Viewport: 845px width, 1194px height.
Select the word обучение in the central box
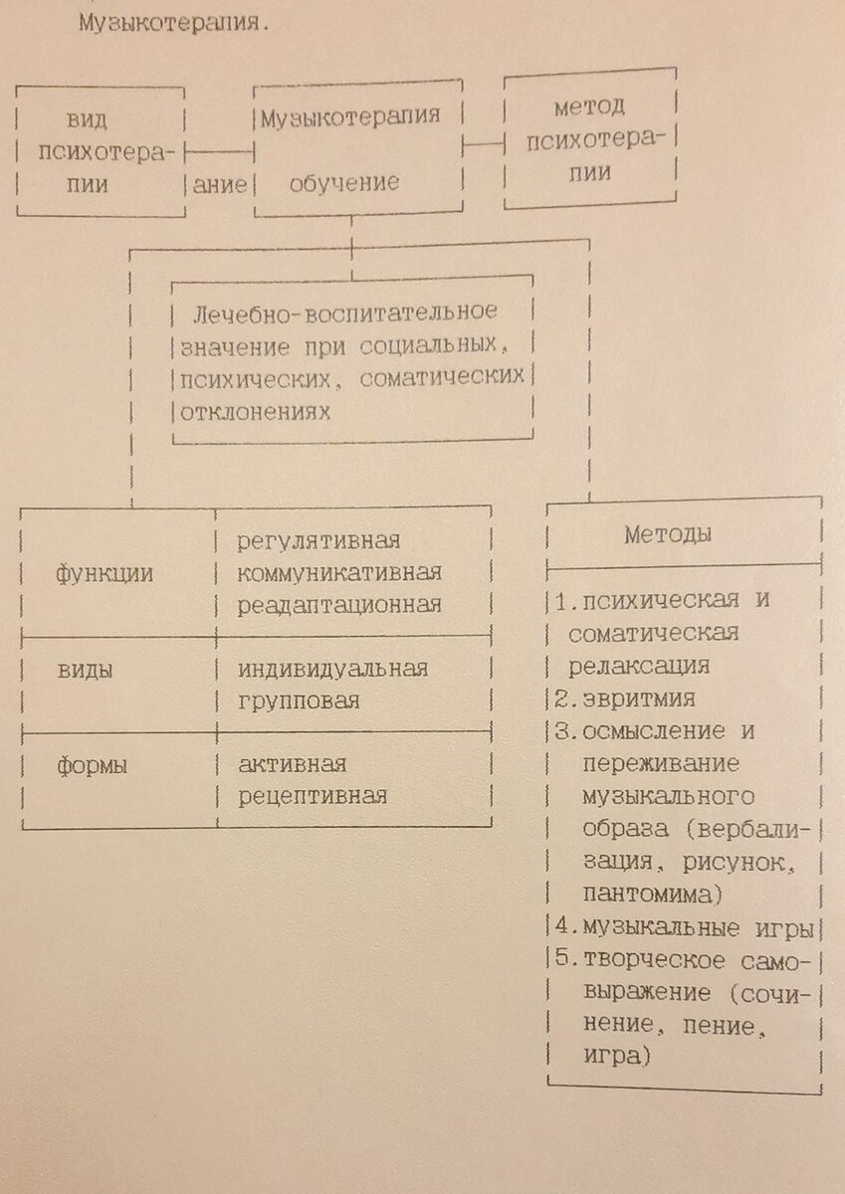tap(344, 183)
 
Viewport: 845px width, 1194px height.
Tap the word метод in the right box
tap(589, 107)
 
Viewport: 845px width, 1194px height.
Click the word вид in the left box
tap(87, 120)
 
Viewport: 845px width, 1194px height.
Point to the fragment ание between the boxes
tap(220, 185)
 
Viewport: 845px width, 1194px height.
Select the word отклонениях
tap(256, 412)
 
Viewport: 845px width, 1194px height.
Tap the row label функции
tap(105, 574)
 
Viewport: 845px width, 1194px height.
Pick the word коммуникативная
tap(339, 573)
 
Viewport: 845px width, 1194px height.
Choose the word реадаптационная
tap(339, 606)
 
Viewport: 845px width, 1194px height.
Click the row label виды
tap(85, 671)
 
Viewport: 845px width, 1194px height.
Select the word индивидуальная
tap(332, 670)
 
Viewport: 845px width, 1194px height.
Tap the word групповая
tap(299, 701)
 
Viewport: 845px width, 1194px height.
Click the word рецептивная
tap(313, 797)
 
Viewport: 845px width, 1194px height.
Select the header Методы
tap(668, 534)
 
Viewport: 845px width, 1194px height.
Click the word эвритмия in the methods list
tap(639, 698)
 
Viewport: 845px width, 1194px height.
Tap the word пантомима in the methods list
tap(648, 895)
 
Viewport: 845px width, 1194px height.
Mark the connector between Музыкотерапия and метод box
tap(483, 144)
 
